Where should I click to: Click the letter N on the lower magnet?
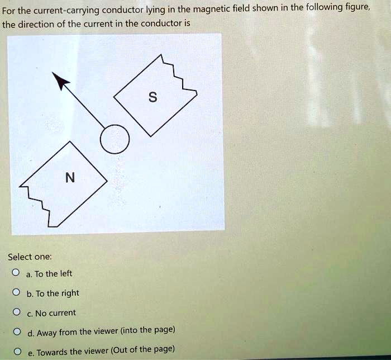pyautogui.click(x=69, y=178)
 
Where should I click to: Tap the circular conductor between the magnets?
pyautogui.click(x=115, y=138)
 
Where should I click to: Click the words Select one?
pyautogui.click(x=30, y=257)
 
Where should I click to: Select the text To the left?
pyautogui.click(x=53, y=273)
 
